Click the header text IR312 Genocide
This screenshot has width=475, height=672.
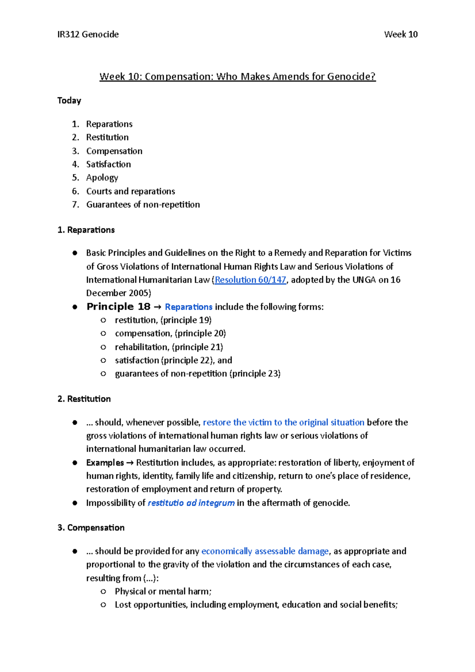[88, 34]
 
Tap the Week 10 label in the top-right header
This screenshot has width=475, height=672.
[401, 34]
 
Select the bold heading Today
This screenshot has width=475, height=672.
[69, 101]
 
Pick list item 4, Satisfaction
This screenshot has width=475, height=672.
[108, 164]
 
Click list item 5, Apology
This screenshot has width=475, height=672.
[102, 178]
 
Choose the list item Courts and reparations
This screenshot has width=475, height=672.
[131, 191]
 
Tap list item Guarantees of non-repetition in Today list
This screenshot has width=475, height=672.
[143, 205]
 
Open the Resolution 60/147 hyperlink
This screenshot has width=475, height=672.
[250, 280]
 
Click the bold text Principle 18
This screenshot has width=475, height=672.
[118, 307]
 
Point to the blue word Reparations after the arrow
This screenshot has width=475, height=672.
[188, 307]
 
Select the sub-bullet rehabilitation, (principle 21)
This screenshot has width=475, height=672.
[169, 347]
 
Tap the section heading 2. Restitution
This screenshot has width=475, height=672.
[84, 399]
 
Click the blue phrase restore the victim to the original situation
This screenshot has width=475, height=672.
[283, 422]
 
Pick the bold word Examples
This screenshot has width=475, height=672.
[105, 463]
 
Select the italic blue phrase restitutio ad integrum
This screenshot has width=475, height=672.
[191, 503]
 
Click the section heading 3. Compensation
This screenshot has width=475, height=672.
[91, 528]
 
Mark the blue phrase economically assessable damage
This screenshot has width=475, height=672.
[265, 551]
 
